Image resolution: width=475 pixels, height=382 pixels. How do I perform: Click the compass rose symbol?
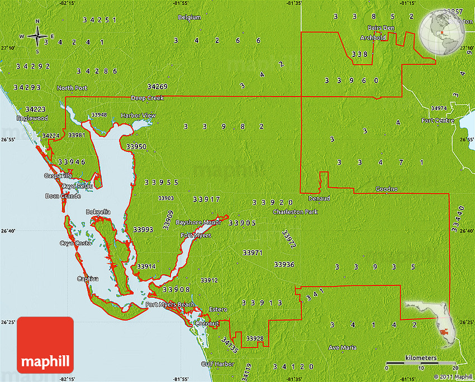point(37,37)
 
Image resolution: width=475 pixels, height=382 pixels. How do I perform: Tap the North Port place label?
point(72,88)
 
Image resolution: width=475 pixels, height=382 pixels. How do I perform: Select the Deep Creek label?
point(147,98)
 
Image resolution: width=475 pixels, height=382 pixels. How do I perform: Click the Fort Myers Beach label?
point(170,304)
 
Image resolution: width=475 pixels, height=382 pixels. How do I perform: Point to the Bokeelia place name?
point(98,212)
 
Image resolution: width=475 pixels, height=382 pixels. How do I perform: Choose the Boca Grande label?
point(63,196)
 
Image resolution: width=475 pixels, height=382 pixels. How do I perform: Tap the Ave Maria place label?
point(342,347)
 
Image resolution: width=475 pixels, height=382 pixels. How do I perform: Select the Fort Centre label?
point(438,120)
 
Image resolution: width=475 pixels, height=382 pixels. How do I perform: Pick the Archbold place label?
point(373,37)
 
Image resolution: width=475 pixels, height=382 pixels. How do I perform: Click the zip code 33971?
point(253,253)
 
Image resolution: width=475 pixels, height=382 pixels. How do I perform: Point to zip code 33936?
point(284,264)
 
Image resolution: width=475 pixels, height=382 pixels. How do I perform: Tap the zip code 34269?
point(157,87)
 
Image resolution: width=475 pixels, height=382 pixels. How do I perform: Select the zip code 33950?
point(136,146)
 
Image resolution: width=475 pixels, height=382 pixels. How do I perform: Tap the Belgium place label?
point(189,17)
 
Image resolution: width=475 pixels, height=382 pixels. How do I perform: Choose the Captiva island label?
point(88,279)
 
